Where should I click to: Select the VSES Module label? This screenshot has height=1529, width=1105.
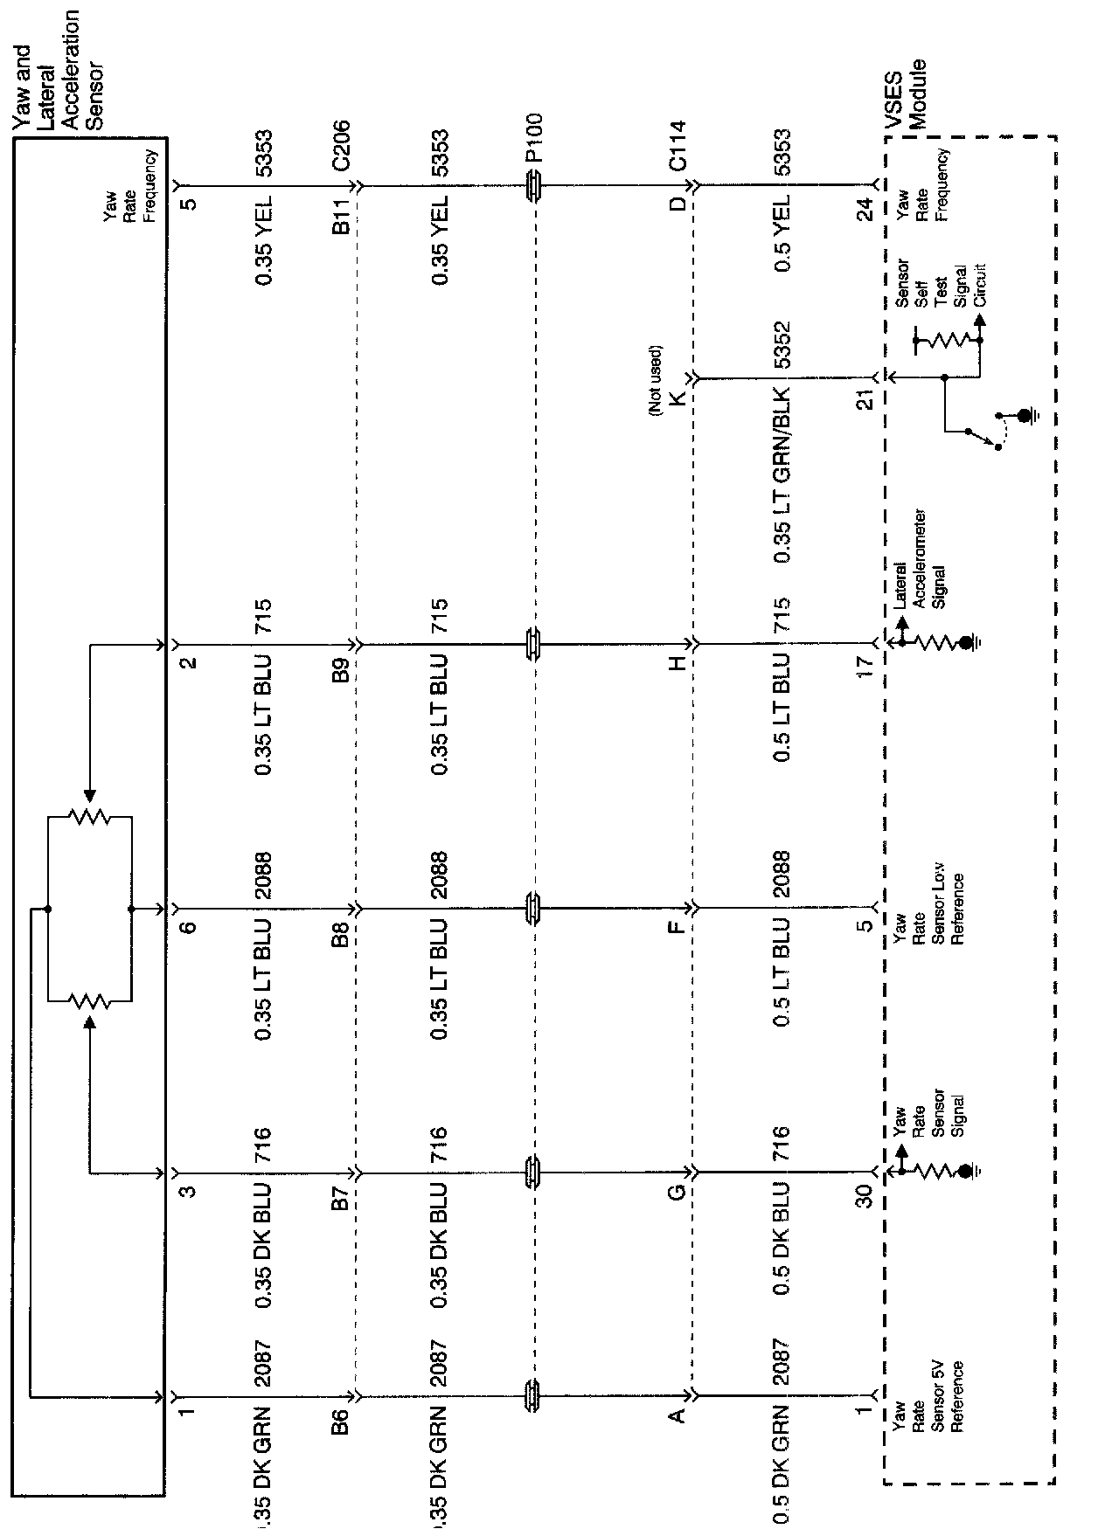tap(905, 94)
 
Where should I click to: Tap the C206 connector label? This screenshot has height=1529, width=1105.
tap(341, 147)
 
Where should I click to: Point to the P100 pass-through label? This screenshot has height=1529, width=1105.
tap(534, 137)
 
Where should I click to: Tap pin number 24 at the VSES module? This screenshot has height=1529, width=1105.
tap(864, 211)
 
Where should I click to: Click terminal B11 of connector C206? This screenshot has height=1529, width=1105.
tap(341, 216)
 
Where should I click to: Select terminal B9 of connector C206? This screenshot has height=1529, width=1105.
tap(341, 670)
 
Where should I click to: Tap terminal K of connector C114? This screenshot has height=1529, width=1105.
tap(678, 398)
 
